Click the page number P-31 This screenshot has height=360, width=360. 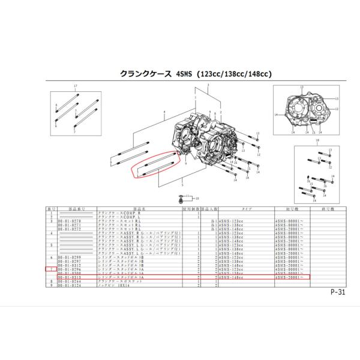pos(337,293)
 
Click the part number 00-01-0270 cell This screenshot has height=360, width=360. pos(69,221)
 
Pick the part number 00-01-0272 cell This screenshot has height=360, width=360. pos(69,229)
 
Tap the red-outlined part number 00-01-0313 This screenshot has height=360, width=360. pos(69,278)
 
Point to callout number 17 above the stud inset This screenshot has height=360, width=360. pos(75,87)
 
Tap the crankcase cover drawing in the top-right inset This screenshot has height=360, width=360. pos(306,108)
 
